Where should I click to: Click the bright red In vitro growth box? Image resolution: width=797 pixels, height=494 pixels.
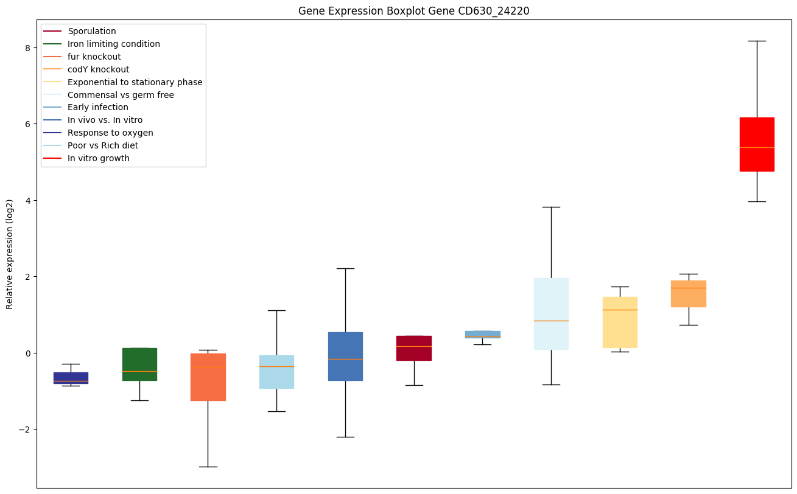click(x=757, y=144)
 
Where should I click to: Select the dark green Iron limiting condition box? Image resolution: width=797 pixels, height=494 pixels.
click(x=139, y=364)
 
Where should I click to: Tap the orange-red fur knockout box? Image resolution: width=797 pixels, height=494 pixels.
click(x=208, y=377)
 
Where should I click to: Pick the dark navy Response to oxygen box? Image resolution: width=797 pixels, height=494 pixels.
click(x=71, y=378)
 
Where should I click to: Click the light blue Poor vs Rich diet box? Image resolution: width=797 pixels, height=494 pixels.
click(x=276, y=372)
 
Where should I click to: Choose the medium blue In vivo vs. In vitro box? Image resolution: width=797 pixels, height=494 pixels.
click(x=345, y=356)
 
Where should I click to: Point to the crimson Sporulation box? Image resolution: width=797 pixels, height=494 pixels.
click(x=414, y=348)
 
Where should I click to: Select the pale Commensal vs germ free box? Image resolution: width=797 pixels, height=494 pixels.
click(x=551, y=313)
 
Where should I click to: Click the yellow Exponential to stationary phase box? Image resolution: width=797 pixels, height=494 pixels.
click(x=620, y=322)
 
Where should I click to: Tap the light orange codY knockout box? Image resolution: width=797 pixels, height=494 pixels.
click(x=688, y=293)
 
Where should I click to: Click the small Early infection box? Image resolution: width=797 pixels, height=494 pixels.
click(x=483, y=334)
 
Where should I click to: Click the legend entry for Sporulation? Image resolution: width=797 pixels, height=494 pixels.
click(x=92, y=31)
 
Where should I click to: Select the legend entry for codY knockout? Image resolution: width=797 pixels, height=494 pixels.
click(x=98, y=69)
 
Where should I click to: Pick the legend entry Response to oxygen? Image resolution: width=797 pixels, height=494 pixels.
click(x=110, y=133)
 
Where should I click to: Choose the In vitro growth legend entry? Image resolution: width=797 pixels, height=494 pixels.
click(x=99, y=158)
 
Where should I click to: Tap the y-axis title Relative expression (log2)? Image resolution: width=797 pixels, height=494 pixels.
click(x=10, y=254)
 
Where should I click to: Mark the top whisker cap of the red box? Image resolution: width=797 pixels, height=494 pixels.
click(x=757, y=41)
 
